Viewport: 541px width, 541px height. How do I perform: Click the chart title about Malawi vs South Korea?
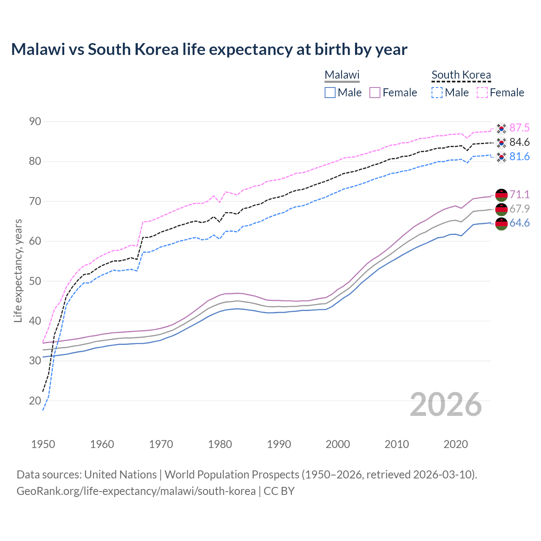point(209,49)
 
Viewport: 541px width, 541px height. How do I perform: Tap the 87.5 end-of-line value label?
point(519,128)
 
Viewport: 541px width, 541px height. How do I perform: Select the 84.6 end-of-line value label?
point(519,142)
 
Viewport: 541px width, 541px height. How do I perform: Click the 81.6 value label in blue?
point(519,156)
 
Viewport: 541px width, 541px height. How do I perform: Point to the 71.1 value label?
point(519,194)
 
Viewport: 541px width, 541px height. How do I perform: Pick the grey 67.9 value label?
point(519,209)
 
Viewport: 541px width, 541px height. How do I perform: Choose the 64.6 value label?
point(519,223)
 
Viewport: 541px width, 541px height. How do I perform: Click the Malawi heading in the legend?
point(342,75)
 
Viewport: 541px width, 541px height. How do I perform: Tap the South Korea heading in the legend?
point(461,75)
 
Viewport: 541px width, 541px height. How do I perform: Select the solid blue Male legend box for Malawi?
point(330,93)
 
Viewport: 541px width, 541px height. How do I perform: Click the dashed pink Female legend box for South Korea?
point(482,93)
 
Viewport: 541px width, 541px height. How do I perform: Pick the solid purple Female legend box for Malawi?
point(375,93)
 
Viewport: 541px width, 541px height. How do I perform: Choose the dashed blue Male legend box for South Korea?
point(437,93)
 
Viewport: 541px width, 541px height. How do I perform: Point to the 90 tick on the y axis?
point(35,122)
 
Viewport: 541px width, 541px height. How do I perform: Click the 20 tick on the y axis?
point(35,401)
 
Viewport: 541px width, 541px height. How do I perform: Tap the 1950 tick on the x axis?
point(43,444)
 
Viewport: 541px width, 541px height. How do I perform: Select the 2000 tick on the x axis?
point(338,444)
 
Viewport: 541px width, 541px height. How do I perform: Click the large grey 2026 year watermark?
point(446,404)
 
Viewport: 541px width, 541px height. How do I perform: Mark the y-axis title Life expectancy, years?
point(18,270)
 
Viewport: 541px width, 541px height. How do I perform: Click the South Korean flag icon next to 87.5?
point(501,128)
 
